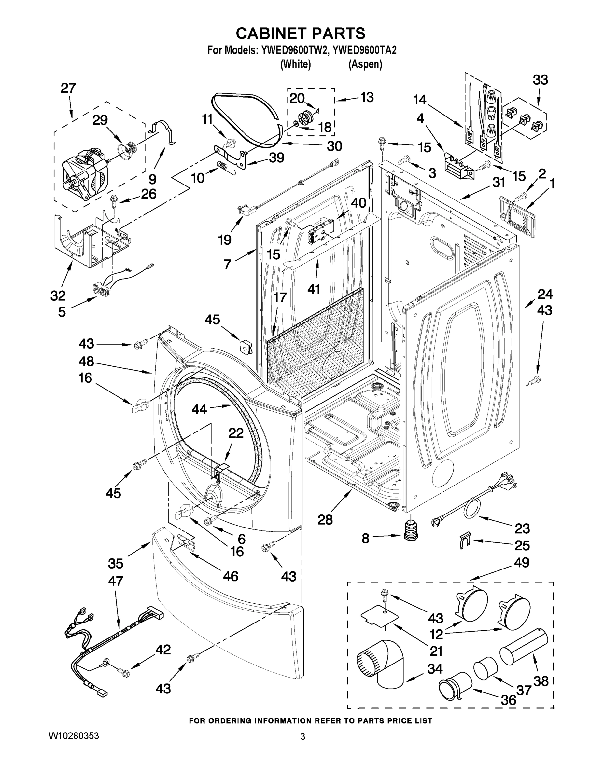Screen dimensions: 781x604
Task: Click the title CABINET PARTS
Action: [x=301, y=33]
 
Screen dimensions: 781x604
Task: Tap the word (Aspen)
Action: [x=365, y=64]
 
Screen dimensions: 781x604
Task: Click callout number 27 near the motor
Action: [x=68, y=88]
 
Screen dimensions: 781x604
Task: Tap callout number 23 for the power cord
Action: [x=522, y=528]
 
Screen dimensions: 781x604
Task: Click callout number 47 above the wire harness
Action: [x=115, y=581]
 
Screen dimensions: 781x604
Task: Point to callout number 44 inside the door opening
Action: [x=199, y=409]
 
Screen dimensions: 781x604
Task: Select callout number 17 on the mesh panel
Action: [x=280, y=297]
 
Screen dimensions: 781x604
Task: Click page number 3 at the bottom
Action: [x=303, y=737]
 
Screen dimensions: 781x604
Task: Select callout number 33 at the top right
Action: [x=540, y=80]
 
